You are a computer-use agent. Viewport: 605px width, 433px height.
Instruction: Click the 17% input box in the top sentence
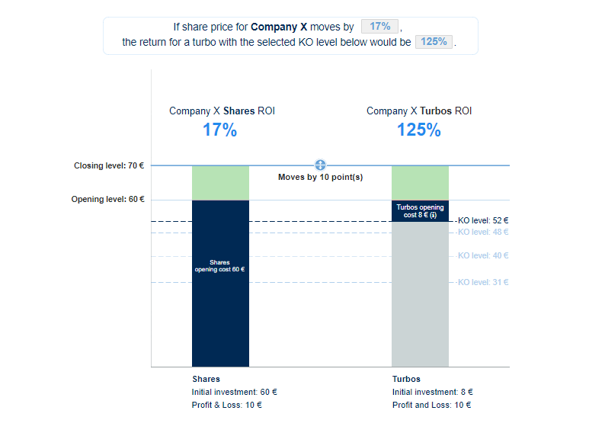(x=379, y=27)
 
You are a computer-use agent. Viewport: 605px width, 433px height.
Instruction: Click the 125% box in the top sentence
(x=434, y=42)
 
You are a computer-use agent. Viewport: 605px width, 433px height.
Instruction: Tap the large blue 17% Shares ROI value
(x=219, y=130)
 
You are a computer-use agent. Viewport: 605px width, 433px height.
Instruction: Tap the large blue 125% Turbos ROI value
(x=418, y=130)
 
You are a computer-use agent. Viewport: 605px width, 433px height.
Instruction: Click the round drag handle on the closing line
(x=320, y=165)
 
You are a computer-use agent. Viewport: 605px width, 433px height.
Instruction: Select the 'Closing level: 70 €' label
(x=109, y=165)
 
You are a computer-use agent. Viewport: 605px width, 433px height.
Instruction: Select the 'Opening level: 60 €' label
(x=107, y=200)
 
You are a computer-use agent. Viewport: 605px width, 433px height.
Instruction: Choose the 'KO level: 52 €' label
(x=483, y=220)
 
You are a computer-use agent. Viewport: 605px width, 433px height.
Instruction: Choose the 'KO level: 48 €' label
(x=483, y=232)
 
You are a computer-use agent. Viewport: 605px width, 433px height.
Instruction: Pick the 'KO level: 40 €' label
(x=483, y=256)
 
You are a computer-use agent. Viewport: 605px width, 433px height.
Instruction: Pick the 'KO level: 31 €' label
(x=483, y=282)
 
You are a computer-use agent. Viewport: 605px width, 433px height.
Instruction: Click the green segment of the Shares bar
(x=220, y=182)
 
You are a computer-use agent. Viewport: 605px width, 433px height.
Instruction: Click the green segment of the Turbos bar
(x=420, y=182)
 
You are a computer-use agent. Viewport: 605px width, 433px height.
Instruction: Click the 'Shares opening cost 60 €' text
(x=219, y=265)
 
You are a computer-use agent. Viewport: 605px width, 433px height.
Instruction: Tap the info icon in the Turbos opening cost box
(x=434, y=216)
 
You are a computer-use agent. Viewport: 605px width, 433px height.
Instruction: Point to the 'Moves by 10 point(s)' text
(x=320, y=178)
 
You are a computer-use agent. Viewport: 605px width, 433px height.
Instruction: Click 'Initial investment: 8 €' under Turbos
(x=432, y=392)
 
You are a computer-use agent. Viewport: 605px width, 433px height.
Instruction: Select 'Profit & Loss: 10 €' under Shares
(x=226, y=405)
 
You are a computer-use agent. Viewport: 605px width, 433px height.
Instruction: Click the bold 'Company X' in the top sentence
(x=279, y=27)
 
